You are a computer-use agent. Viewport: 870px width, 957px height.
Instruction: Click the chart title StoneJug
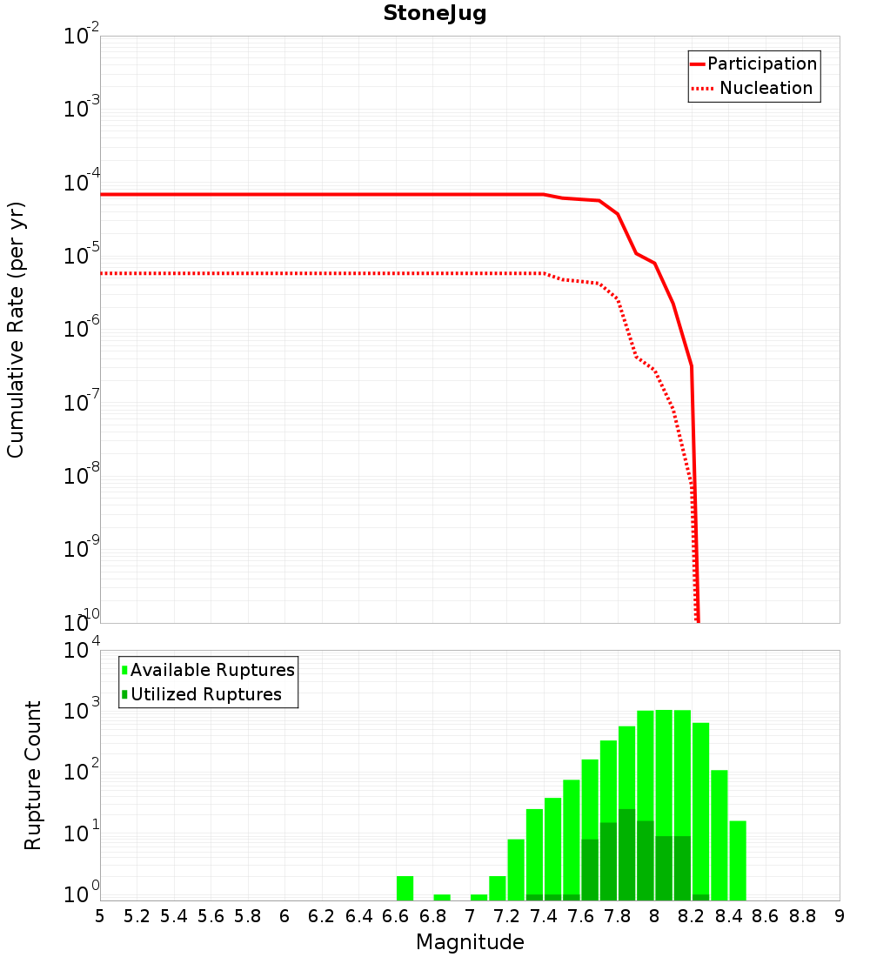point(434,14)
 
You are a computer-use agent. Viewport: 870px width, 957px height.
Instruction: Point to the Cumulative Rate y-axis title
point(16,330)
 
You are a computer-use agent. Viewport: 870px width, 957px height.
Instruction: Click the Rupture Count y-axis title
point(33,775)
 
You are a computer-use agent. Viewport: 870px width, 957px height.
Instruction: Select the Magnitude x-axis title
point(470,942)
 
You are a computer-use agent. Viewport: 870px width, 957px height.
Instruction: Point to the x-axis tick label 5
point(100,916)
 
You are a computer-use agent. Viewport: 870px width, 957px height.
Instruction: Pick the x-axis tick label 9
point(840,916)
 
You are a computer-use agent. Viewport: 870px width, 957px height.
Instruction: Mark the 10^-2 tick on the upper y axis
point(83,37)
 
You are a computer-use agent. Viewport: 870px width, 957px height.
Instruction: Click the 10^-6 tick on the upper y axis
point(83,329)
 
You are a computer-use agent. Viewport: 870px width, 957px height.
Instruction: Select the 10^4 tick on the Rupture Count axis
point(83,651)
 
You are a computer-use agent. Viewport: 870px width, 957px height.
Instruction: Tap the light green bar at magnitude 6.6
point(405,888)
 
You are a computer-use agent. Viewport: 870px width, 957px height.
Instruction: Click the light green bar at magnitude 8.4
point(738,860)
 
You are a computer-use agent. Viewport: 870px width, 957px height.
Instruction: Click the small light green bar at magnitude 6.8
point(442,897)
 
